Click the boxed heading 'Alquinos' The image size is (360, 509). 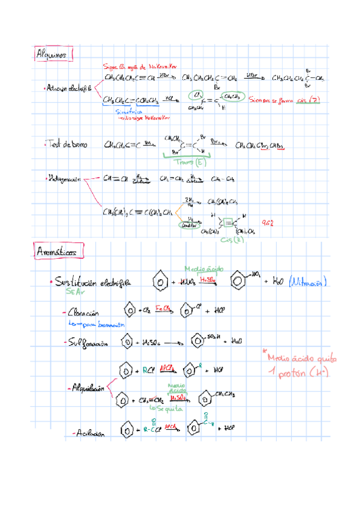click(53, 55)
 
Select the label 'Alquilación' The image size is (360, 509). click(88, 388)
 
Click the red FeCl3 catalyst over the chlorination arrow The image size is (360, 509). click(164, 307)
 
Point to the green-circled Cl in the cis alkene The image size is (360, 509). click(196, 95)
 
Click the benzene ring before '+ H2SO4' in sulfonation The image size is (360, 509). click(128, 342)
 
